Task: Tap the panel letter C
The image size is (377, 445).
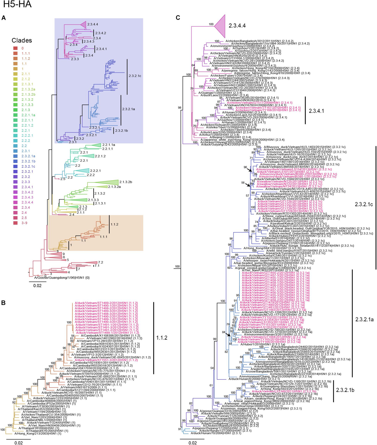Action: [x=178, y=18]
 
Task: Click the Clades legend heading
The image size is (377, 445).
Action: [x=22, y=41]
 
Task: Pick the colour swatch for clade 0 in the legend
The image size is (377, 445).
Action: [x=15, y=48]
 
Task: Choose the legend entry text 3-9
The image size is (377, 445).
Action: [x=24, y=223]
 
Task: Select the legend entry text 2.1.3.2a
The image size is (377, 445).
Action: [x=28, y=89]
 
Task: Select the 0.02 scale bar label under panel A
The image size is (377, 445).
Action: [x=37, y=285]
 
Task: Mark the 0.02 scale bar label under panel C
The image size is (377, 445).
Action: [x=193, y=443]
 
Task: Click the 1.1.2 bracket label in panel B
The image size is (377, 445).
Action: [x=162, y=338]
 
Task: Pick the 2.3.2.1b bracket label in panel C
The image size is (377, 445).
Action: [x=345, y=390]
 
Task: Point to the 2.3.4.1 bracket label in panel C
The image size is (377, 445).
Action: [x=316, y=111]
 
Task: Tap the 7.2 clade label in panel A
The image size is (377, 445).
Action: [x=101, y=262]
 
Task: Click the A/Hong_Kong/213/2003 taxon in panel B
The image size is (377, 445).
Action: [x=40, y=433]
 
